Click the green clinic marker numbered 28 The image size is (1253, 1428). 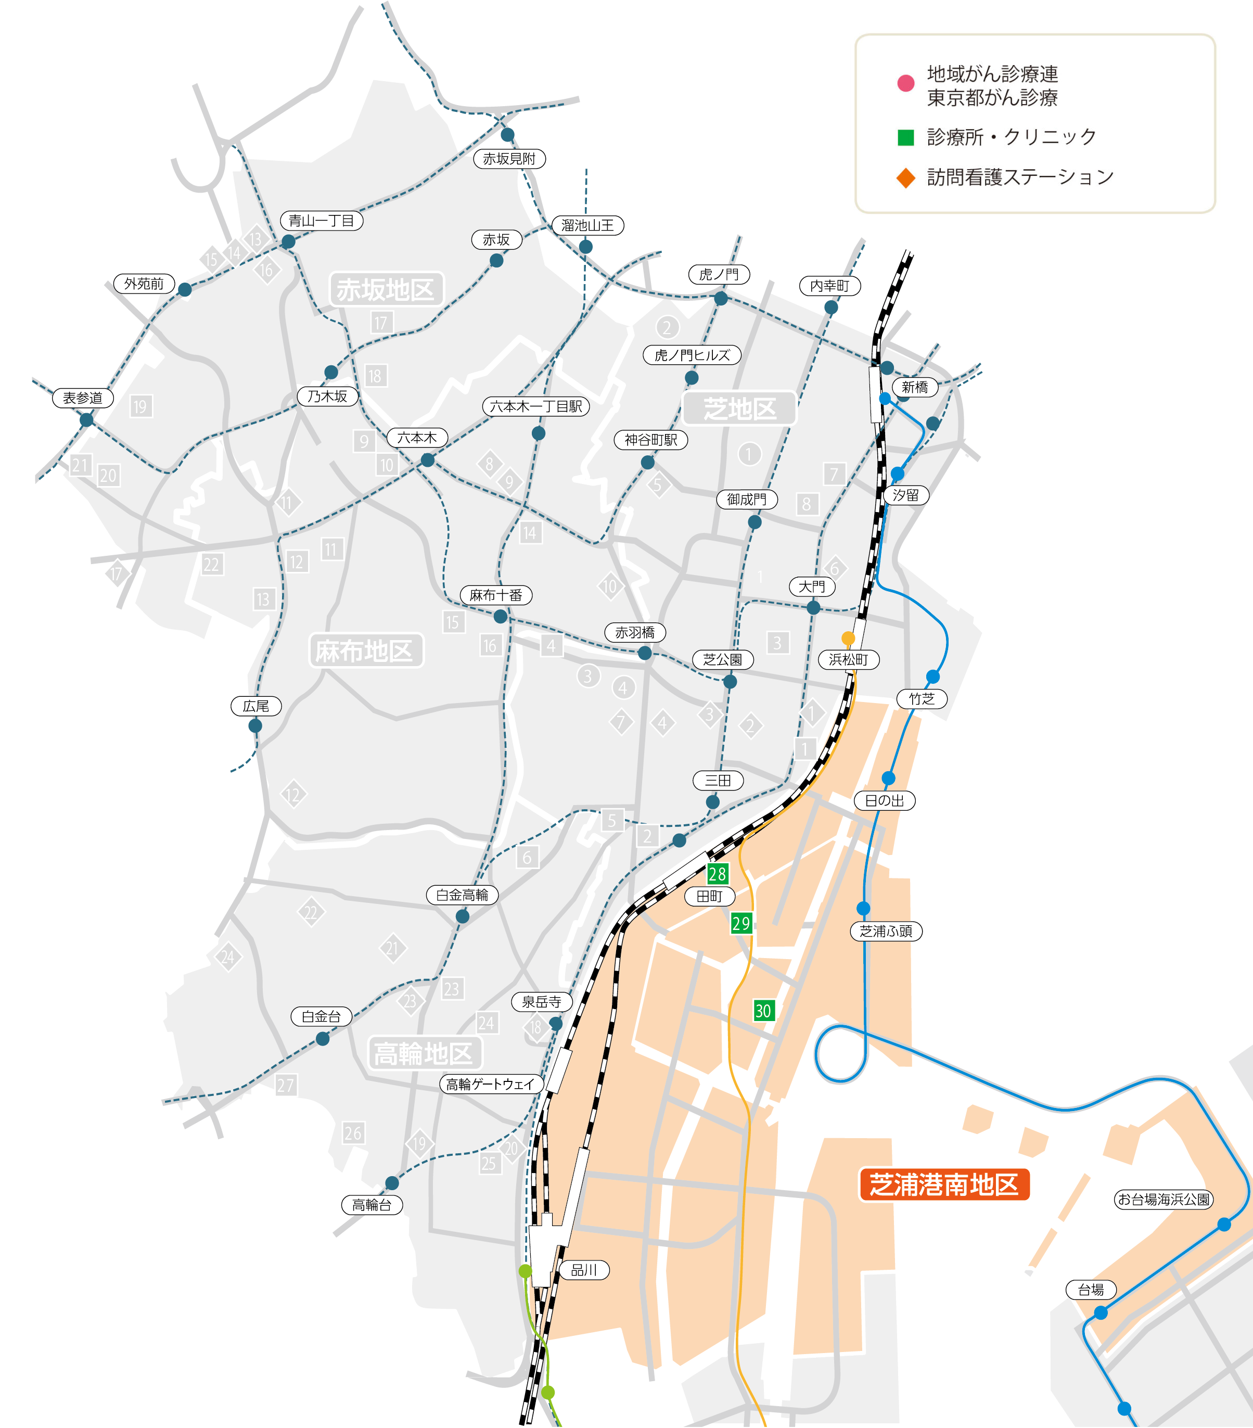coord(717,873)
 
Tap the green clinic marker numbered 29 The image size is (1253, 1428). coord(741,923)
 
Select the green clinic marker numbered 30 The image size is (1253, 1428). coord(763,1010)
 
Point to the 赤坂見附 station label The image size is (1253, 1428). coord(509,159)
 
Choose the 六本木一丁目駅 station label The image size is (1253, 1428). coord(536,406)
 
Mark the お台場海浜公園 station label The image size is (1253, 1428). coord(1163,1200)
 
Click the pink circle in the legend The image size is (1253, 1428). coord(906,83)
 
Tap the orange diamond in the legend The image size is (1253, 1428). coord(906,177)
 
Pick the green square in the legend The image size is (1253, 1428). coord(906,137)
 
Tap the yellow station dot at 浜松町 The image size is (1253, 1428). coord(848,638)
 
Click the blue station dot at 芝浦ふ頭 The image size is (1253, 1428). coord(863,908)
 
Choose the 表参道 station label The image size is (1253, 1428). coord(83,398)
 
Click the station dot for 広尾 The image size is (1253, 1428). coord(255,726)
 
